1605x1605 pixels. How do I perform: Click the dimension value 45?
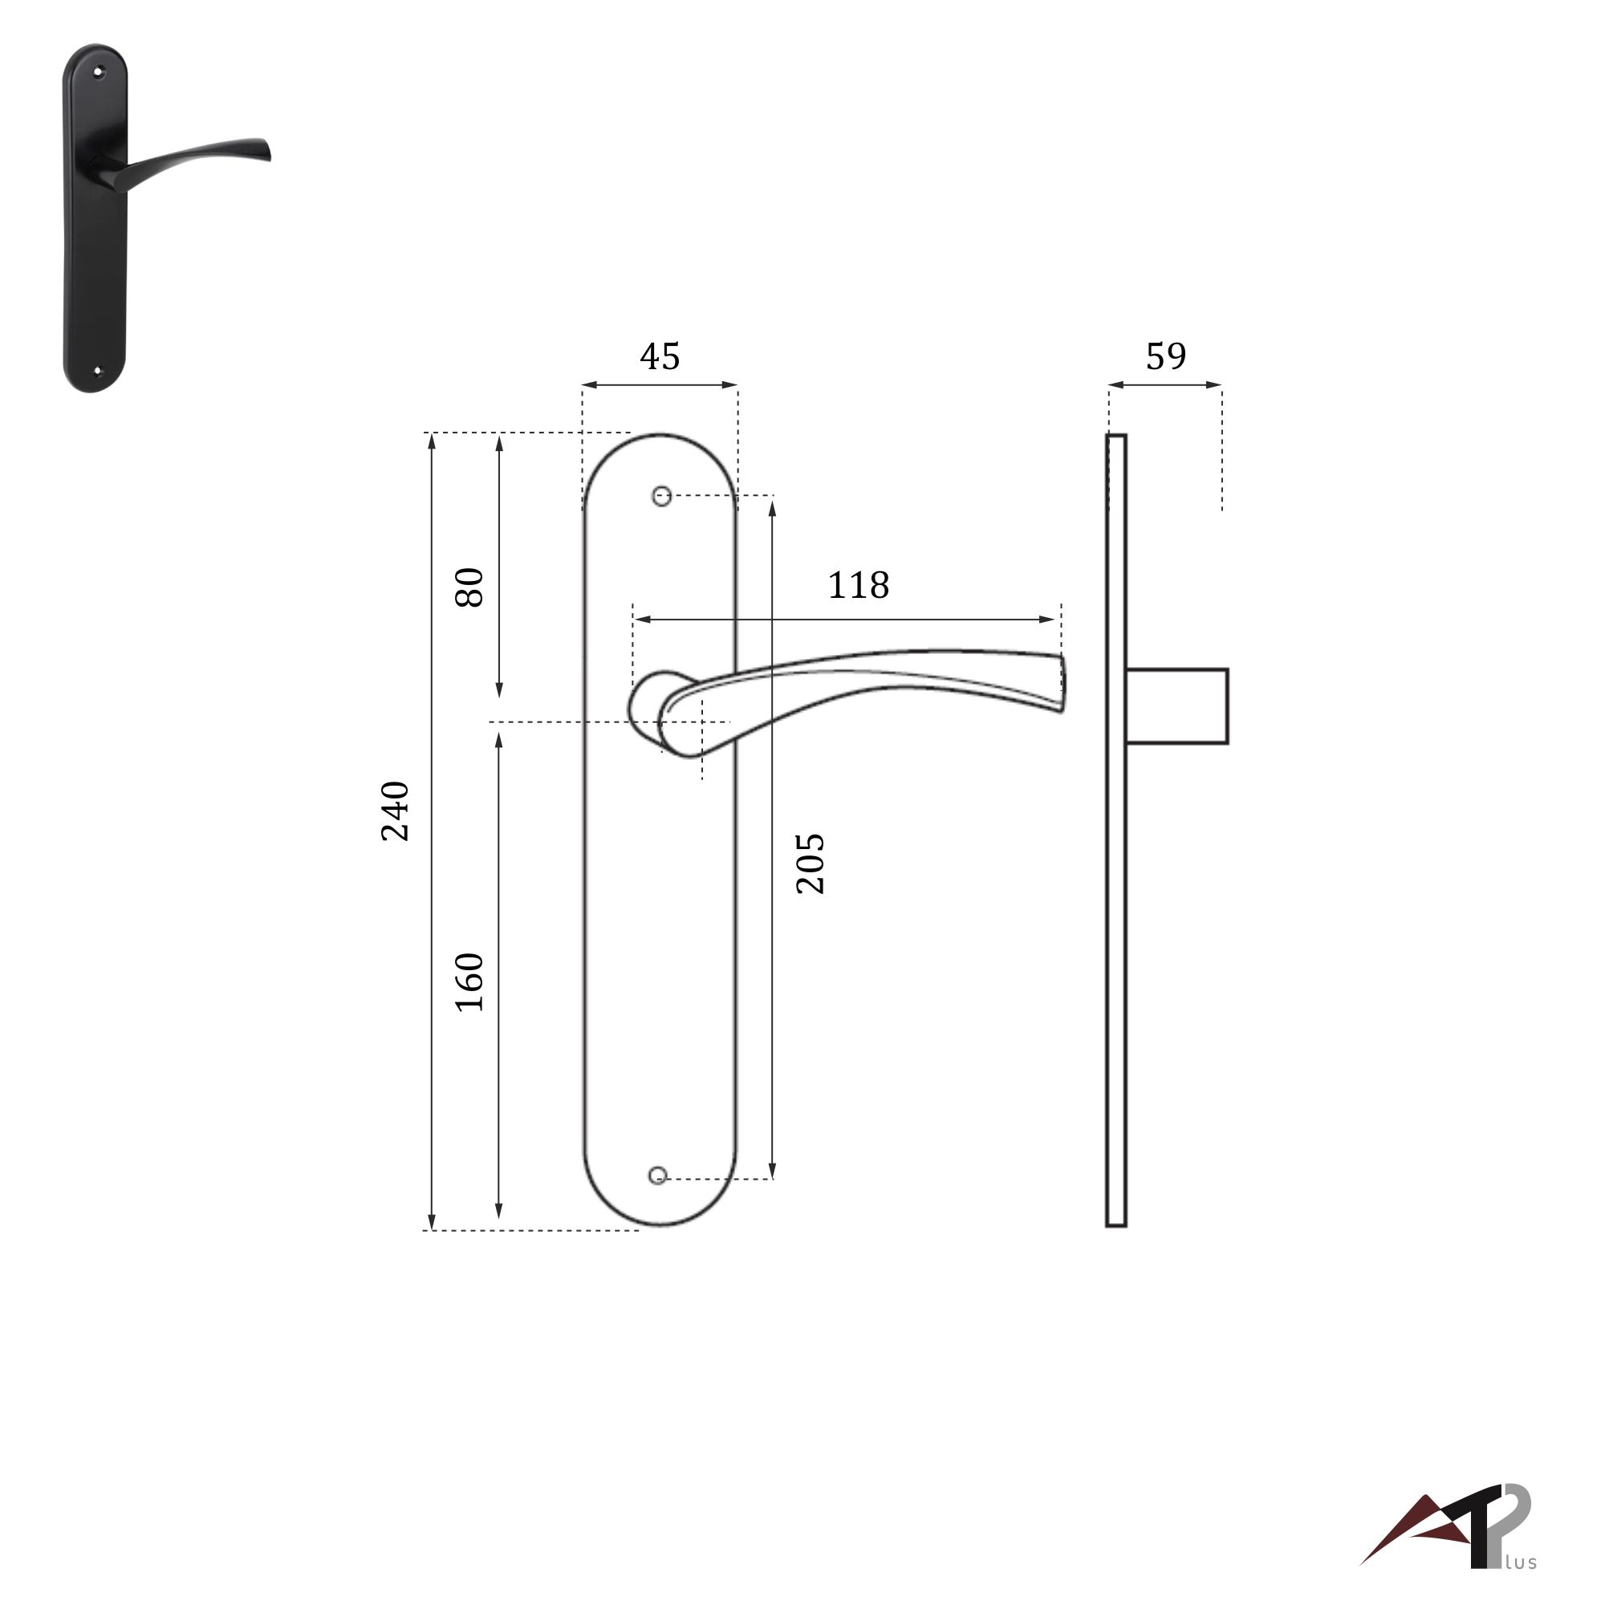coord(660,356)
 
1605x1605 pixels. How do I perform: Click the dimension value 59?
coord(1165,356)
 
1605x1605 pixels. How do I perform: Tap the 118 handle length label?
coord(858,586)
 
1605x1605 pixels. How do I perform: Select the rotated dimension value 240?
coord(396,811)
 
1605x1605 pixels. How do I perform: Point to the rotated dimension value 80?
coord(470,587)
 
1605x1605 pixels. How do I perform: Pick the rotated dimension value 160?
coord(470,982)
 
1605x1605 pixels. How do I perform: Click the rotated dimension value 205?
coord(810,864)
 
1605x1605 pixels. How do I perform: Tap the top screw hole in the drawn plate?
coord(661,497)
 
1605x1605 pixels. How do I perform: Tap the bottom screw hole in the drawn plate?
coord(657,1175)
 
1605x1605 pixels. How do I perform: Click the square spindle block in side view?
coord(1176,706)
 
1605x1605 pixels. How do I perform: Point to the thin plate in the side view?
coord(1115,914)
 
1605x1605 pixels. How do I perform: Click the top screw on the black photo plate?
coord(98,72)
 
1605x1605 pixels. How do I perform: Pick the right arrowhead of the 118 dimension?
coord(1048,619)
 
